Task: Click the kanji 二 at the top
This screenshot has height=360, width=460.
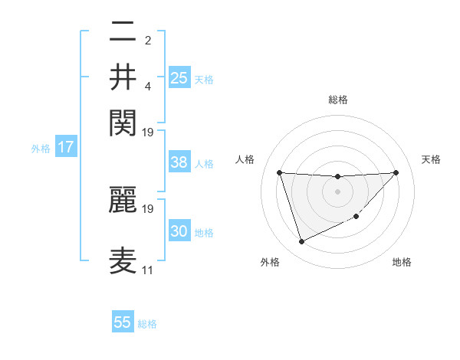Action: click(123, 33)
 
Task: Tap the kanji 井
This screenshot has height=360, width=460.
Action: click(123, 77)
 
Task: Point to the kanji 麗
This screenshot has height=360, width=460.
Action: click(123, 198)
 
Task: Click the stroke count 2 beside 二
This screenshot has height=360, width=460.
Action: click(148, 41)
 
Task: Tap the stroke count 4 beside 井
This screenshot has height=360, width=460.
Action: click(148, 86)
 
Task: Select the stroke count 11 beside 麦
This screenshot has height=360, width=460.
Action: click(147, 270)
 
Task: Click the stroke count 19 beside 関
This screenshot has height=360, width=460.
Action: click(148, 132)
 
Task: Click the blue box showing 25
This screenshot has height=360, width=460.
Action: click(179, 77)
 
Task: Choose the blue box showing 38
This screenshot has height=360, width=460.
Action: click(179, 162)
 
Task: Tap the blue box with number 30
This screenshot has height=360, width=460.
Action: click(179, 231)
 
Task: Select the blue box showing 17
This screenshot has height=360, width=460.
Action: click(65, 147)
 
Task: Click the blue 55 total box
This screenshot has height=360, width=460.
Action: click(123, 322)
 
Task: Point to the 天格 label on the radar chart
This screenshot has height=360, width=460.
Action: click(431, 159)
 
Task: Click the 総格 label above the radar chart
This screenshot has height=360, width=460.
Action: click(337, 100)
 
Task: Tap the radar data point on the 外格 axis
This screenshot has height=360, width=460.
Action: click(301, 242)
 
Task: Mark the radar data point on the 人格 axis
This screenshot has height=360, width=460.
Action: click(280, 172)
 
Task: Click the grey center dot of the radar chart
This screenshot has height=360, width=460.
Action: click(337, 191)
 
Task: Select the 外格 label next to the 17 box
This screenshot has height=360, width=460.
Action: click(41, 149)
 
